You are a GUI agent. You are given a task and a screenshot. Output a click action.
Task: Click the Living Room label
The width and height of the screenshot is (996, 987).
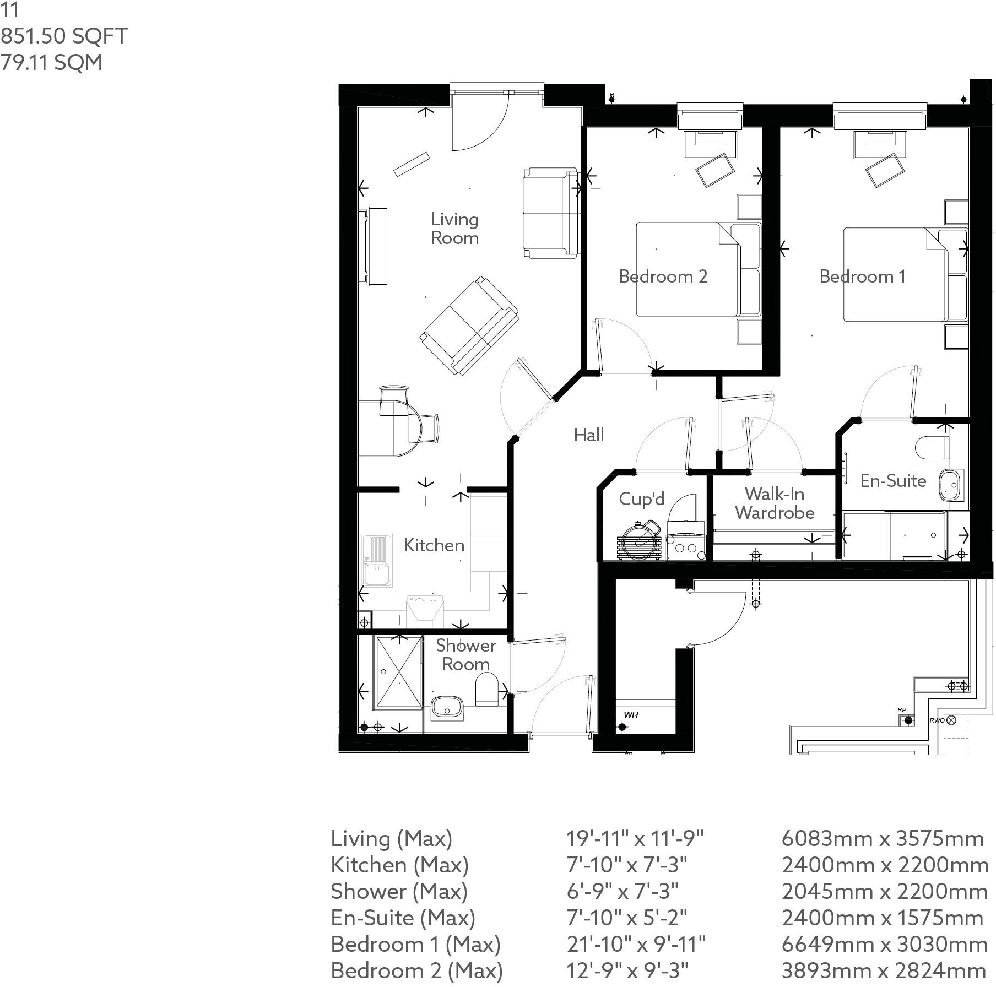tap(454, 229)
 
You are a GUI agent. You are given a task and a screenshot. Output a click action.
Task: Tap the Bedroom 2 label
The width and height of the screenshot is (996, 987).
tap(663, 276)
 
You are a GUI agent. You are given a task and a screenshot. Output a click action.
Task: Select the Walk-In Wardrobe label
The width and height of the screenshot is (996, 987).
tap(774, 503)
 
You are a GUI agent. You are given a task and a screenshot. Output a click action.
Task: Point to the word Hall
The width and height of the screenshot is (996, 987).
tap(589, 435)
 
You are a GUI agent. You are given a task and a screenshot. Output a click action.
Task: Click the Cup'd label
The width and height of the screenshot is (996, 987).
tap(641, 499)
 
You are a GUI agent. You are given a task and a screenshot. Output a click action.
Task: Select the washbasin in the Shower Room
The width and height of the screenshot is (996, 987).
tap(447, 707)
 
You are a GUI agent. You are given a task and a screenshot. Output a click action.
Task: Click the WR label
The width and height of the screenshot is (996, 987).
tap(631, 715)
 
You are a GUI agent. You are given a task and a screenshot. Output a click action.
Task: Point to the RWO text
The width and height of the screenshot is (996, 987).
tap(937, 720)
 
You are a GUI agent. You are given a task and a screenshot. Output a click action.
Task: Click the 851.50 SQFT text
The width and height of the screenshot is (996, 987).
tap(64, 36)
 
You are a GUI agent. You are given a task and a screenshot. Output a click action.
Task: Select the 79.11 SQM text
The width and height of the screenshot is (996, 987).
tap(51, 62)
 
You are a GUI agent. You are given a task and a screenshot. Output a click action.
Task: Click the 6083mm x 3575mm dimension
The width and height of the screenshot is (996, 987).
tap(882, 839)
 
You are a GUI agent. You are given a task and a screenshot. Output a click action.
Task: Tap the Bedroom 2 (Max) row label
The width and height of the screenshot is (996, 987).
tap(416, 970)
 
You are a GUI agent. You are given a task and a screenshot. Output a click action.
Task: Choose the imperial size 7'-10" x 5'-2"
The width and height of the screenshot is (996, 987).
tap(627, 918)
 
